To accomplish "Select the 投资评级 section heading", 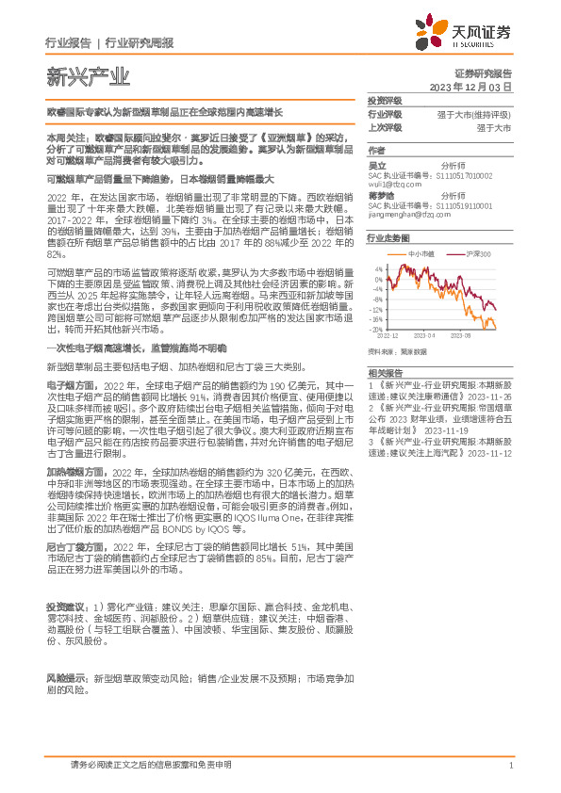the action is (385, 100).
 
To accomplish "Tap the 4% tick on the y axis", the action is (378, 268).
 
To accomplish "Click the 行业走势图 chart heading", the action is (388, 239).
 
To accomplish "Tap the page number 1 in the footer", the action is (510, 765).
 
